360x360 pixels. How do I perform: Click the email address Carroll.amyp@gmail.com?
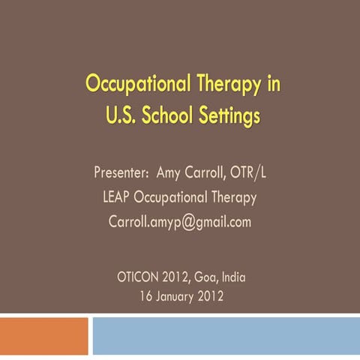coord(180,223)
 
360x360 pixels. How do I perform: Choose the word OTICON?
coord(139,277)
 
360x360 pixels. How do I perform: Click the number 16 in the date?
coord(145,295)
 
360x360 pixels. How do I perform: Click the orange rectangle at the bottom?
coord(43,335)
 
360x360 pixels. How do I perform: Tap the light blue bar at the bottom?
coord(225,335)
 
